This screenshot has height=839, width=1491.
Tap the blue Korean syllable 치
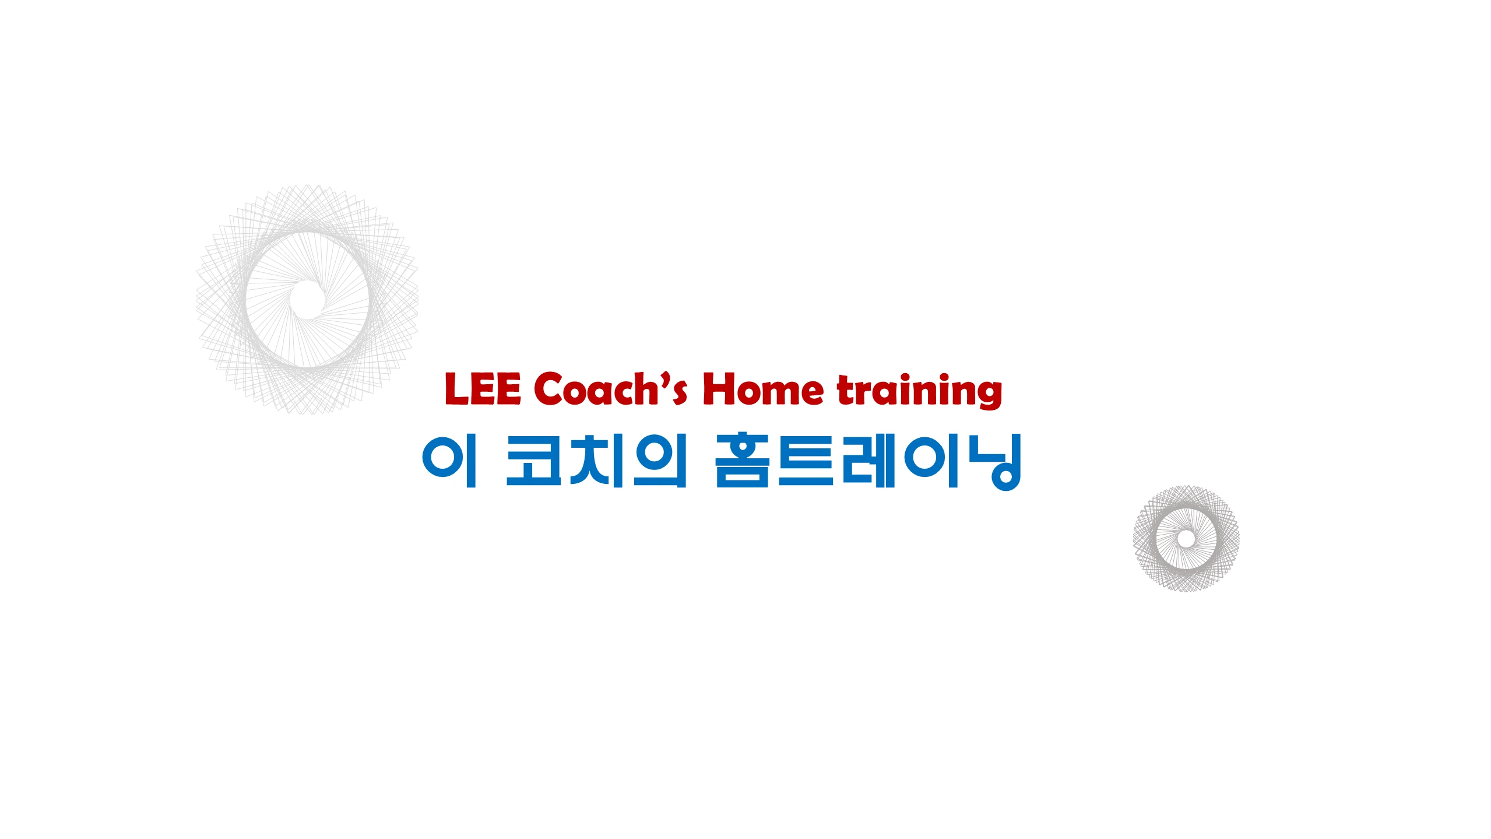tap(597, 461)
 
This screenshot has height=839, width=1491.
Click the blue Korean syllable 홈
tap(743, 461)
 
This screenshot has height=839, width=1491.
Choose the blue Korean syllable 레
tap(868, 461)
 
